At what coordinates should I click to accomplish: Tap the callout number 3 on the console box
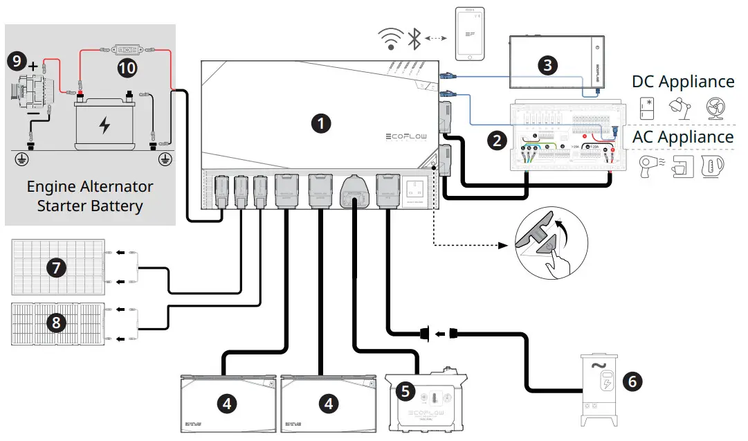click(547, 65)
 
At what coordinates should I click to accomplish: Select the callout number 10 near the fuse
click(127, 67)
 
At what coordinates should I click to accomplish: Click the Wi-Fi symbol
click(390, 40)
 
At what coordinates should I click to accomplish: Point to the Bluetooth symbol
click(413, 39)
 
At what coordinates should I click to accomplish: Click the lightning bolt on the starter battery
click(104, 125)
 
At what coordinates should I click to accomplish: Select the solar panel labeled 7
click(57, 266)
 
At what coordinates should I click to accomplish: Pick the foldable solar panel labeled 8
click(57, 323)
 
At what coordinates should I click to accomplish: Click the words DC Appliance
click(683, 82)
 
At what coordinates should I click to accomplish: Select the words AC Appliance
click(683, 136)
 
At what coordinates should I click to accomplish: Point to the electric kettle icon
click(712, 166)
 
